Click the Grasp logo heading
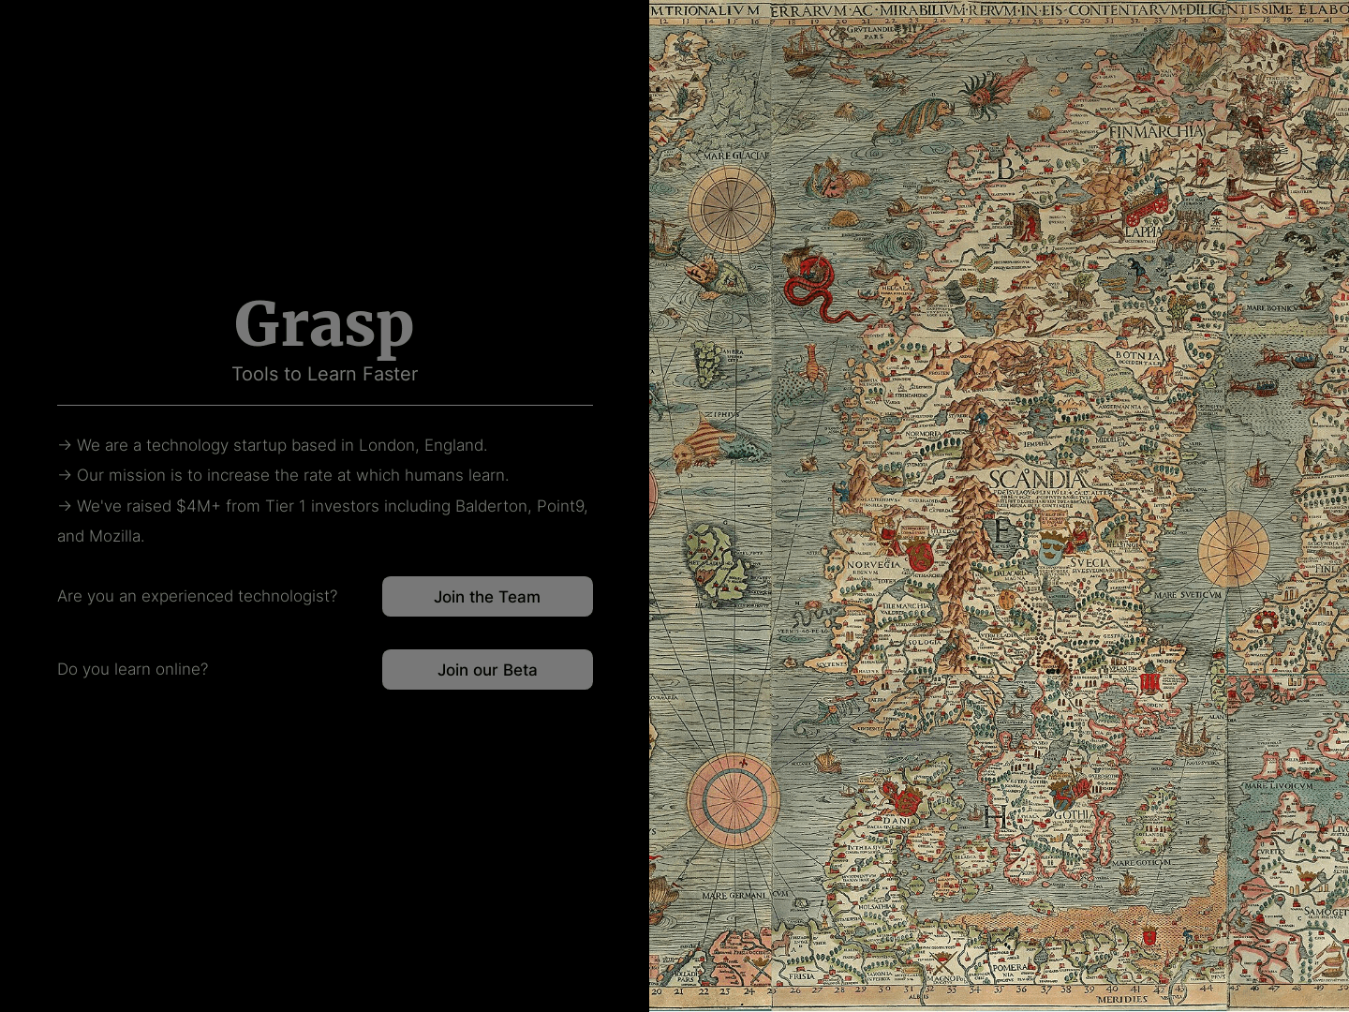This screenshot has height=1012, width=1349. coord(324,324)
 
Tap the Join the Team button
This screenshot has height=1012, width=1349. coord(487,597)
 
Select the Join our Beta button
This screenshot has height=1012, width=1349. coord(487,670)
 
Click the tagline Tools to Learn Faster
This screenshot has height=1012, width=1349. coord(324,374)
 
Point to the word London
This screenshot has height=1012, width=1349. coord(385,445)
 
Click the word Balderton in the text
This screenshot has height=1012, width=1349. coord(491,506)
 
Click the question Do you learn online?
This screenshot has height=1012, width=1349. coord(133,669)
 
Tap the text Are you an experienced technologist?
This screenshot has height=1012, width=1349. coord(197,596)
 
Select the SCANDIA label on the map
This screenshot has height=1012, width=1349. coord(1037,480)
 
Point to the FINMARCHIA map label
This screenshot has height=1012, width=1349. coord(1155,132)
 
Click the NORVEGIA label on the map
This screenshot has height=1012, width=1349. coord(873,565)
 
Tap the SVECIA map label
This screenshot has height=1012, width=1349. coord(1090,563)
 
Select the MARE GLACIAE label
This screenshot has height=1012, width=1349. coord(735,156)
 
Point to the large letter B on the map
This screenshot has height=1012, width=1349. coord(1005,169)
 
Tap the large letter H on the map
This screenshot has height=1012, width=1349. coord(995,817)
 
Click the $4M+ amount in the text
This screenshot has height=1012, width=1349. coord(198,506)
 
